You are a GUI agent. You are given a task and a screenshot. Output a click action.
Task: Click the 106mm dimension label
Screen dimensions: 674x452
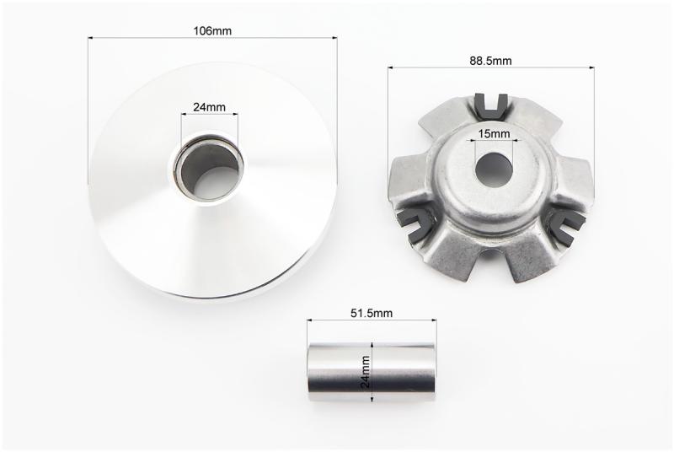tap(212, 31)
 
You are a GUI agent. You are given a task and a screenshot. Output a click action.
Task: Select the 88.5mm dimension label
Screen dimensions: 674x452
tap(490, 61)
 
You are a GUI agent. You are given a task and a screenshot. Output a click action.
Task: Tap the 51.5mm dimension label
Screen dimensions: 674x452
tap(372, 313)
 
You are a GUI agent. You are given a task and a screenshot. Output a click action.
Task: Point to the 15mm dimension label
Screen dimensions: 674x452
tap(494, 134)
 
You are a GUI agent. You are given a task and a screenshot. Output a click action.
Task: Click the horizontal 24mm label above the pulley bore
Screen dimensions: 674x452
tap(209, 107)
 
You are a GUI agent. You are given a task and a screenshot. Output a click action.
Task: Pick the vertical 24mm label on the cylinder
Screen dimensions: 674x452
tap(366, 372)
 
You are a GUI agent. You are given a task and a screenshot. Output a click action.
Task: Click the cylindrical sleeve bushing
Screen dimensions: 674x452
tap(372, 373)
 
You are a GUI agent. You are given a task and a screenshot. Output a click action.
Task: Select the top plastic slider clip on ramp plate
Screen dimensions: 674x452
tap(493, 105)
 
